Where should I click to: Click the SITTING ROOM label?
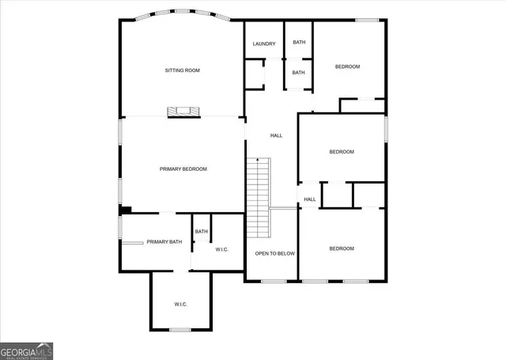coord(182,70)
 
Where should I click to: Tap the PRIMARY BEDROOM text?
coord(183,169)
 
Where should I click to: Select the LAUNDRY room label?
coord(264,44)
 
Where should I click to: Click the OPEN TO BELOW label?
coord(274,253)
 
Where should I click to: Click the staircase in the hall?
coord(259,198)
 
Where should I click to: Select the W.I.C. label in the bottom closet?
coord(181,305)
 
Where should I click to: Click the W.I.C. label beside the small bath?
coord(221,249)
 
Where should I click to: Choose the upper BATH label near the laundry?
coord(299,42)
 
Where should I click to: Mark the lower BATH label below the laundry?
coord(298,73)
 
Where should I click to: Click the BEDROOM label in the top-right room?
coord(348,66)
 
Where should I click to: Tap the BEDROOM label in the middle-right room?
coord(342,151)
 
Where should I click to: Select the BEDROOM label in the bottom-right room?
coord(342,248)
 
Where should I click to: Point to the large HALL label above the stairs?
coord(276,135)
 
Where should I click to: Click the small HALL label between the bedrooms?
coord(310,199)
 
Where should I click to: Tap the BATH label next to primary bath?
coord(202,232)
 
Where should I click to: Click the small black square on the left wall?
coord(125,210)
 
